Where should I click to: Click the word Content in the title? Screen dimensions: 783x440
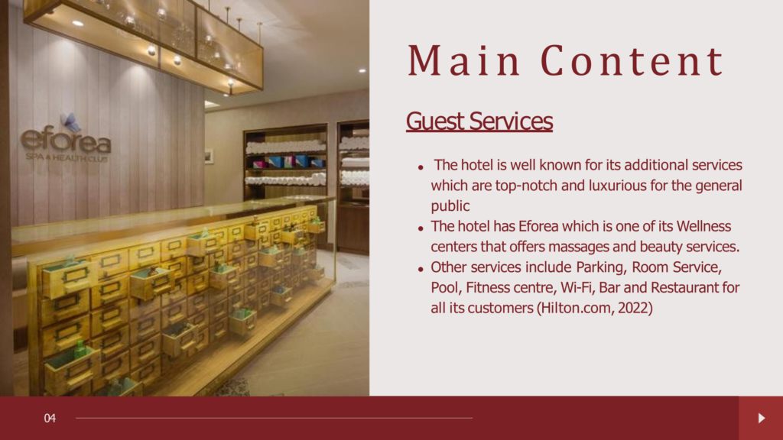(632, 61)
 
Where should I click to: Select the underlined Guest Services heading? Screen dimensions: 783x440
(479, 121)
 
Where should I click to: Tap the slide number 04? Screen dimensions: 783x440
(50, 418)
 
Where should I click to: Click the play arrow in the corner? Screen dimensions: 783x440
(762, 418)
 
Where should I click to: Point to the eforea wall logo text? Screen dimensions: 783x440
(66, 141)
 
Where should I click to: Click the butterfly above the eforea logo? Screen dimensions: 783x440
(70, 121)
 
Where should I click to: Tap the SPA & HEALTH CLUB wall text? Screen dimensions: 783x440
(67, 157)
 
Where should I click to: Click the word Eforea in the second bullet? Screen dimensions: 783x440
(538, 226)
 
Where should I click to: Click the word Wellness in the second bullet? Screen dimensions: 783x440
(703, 226)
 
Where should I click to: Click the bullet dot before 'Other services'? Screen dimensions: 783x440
(421, 270)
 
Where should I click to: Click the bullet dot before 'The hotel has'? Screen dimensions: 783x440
(421, 228)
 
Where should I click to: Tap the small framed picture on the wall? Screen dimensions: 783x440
(209, 156)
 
